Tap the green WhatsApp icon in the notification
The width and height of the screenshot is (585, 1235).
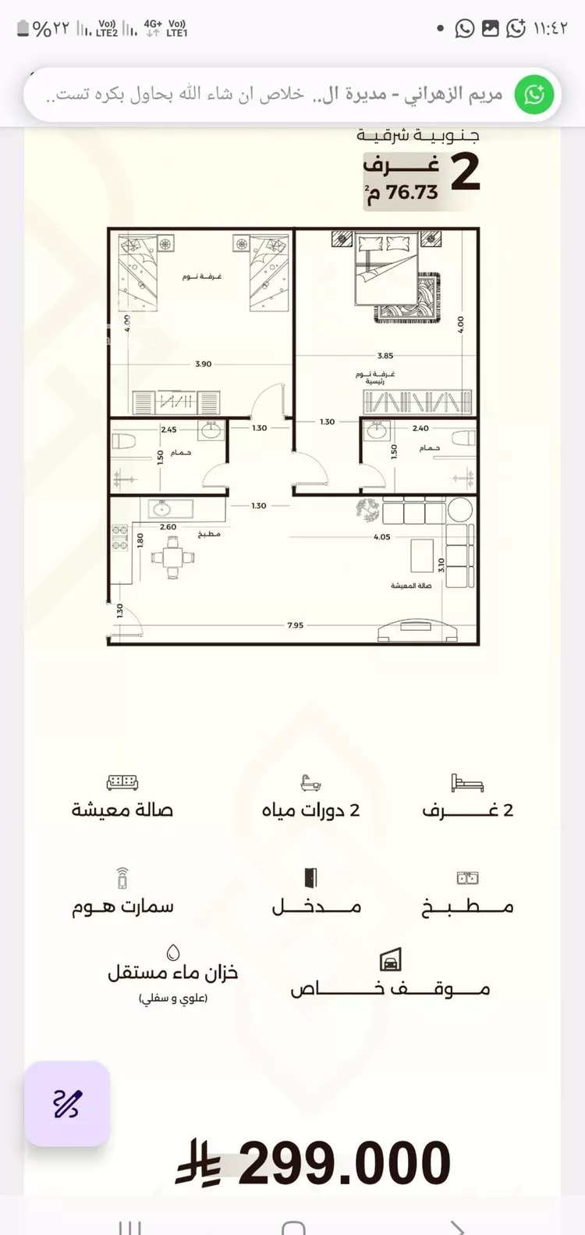click(534, 94)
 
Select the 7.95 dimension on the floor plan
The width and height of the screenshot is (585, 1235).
click(295, 625)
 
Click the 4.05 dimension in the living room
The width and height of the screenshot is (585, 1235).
click(381, 537)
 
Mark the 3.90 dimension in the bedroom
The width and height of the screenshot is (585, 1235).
click(203, 364)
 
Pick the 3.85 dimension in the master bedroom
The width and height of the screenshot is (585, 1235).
click(385, 356)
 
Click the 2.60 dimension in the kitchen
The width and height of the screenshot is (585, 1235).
click(168, 527)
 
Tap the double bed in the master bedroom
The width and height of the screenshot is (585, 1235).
click(388, 269)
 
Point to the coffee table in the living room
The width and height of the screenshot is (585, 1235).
click(422, 555)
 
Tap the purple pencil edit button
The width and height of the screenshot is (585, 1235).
click(67, 1103)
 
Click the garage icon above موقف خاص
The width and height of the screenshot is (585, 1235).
click(390, 960)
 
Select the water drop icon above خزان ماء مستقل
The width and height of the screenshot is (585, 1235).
click(173, 952)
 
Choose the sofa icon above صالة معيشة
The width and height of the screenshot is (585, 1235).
click(122, 782)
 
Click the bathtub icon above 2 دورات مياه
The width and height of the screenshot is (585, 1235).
click(310, 783)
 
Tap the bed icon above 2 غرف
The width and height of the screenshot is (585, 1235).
click(466, 783)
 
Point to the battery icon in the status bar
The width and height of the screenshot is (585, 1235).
click(23, 30)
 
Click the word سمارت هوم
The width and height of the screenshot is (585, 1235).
click(122, 907)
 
